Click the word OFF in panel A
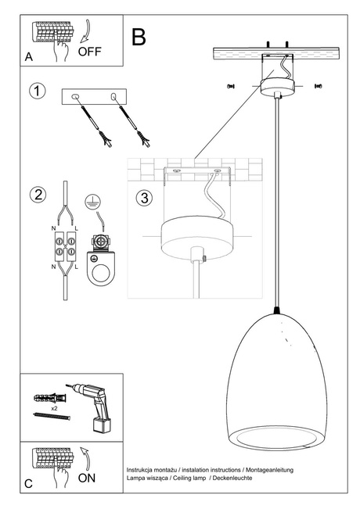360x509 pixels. pos(89,52)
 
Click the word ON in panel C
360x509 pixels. pos(88,479)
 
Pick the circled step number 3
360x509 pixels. pos(142,198)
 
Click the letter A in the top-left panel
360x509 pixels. pos(28,57)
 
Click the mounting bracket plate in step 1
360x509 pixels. pos(95,97)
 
